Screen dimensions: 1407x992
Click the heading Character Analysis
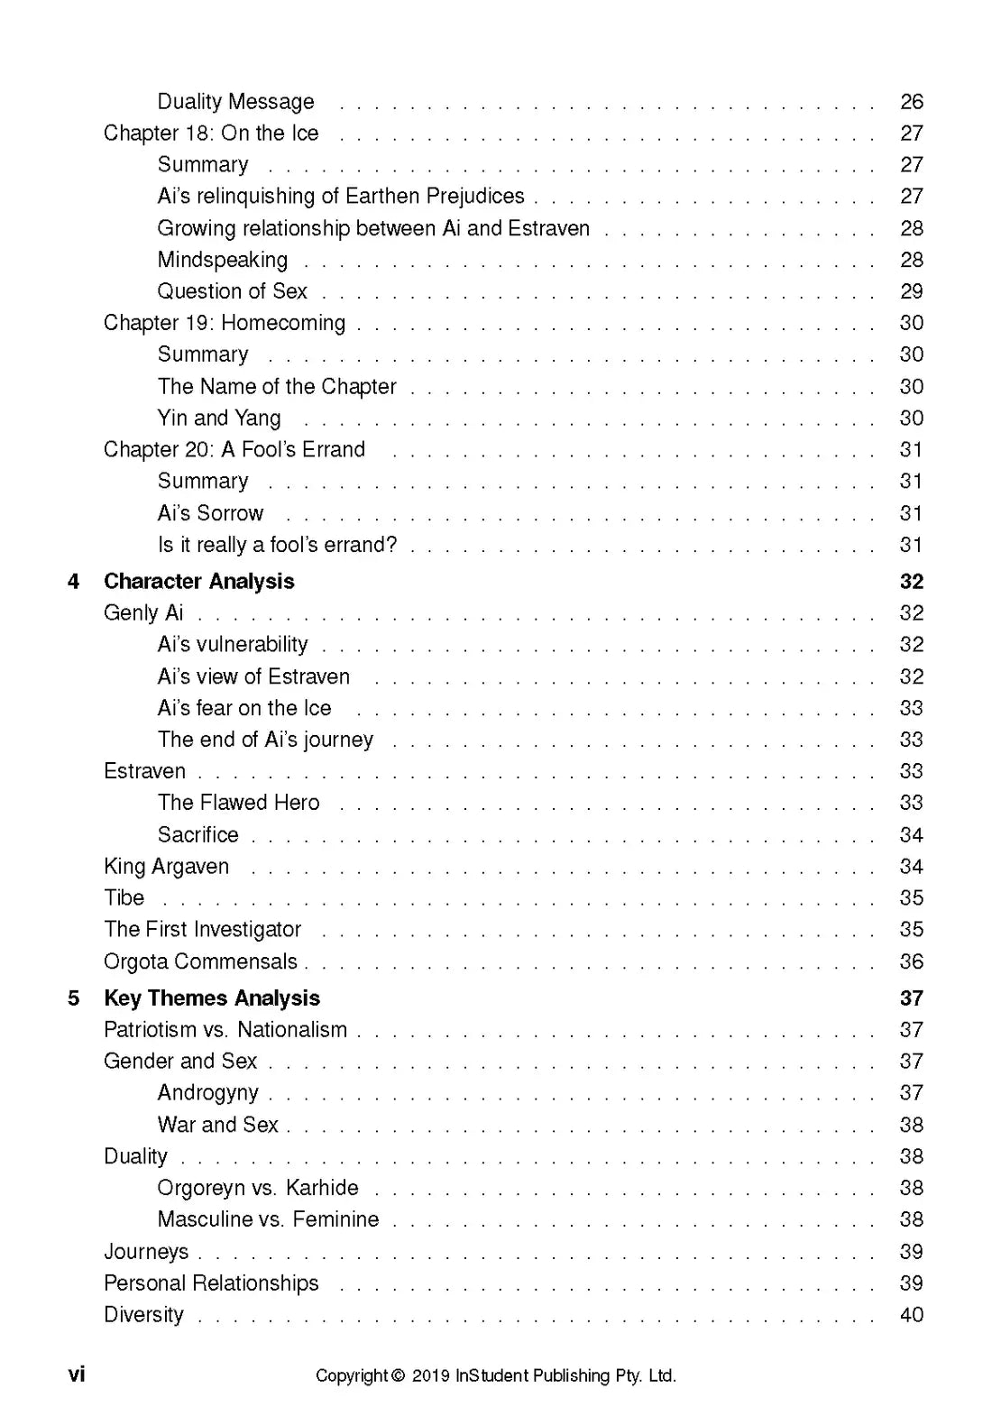pos(198,582)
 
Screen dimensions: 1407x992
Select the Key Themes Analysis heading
pos(212,998)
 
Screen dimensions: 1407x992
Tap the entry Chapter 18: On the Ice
pos(211,133)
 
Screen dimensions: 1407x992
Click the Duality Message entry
pos(235,102)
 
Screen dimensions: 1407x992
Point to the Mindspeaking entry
pos(223,261)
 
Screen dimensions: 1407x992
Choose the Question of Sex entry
pos(232,291)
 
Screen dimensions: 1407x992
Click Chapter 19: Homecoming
pos(225,323)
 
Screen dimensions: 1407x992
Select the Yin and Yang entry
pos(219,418)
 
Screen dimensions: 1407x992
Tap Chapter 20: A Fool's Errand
pos(234,450)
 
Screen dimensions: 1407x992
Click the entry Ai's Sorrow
pos(210,513)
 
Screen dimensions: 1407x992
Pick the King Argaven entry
pos(166,867)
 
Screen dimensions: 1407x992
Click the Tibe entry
pos(124,898)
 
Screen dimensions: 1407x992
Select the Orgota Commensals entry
pos(200,961)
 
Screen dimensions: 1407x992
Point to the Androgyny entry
pos(207,1093)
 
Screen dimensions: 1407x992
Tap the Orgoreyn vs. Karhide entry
pos(257,1188)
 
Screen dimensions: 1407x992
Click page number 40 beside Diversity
pos(912,1315)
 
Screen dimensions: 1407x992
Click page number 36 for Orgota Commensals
pos(912,961)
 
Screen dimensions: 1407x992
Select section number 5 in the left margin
pos(74,998)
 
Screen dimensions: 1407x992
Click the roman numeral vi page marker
pos(77,1375)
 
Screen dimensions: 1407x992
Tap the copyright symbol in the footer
pos(398,1376)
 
